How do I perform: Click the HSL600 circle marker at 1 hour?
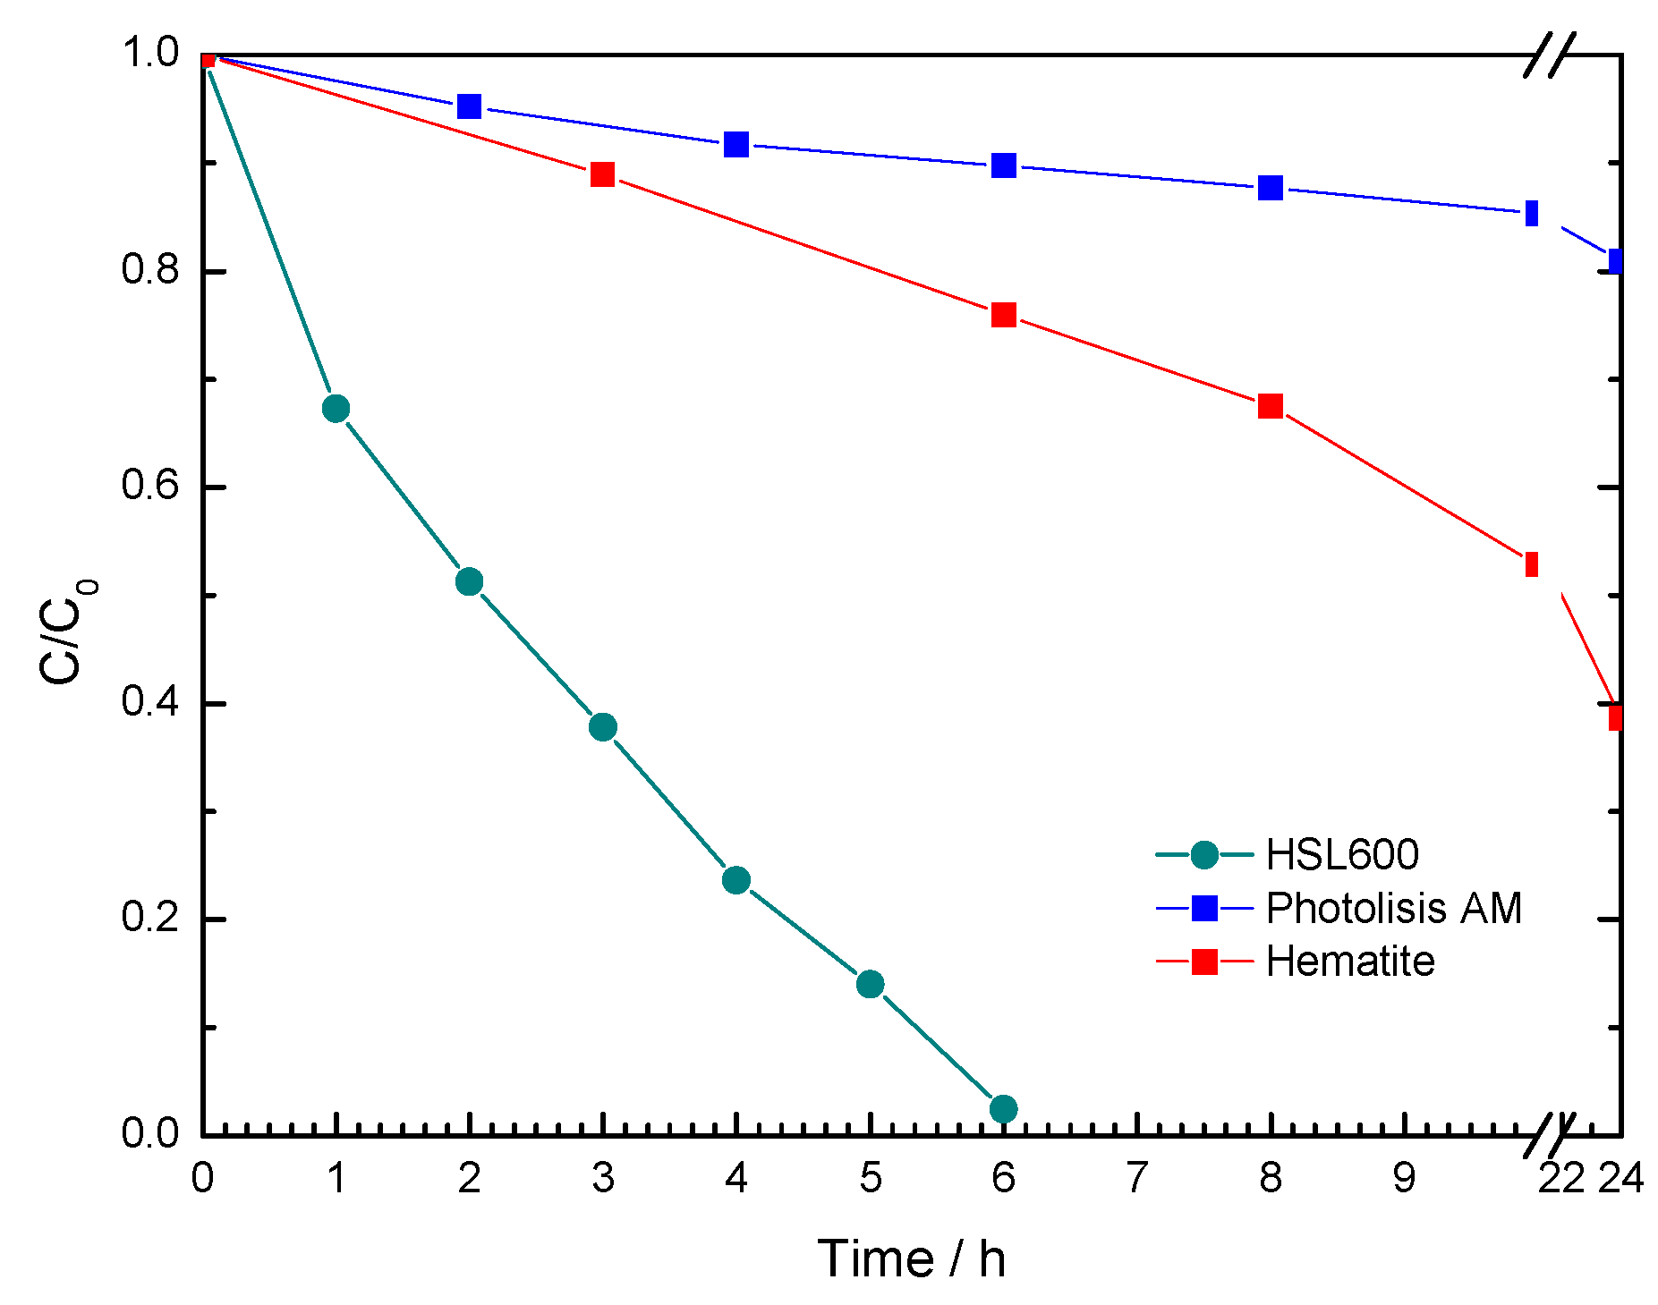[x=336, y=409]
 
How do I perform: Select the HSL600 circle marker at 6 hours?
[x=1004, y=1109]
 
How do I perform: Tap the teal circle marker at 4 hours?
[x=736, y=880]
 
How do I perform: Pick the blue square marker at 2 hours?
[x=469, y=106]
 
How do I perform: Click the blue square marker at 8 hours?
[x=1271, y=188]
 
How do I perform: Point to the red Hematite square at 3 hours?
[x=603, y=174]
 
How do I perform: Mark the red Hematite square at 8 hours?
[x=1271, y=406]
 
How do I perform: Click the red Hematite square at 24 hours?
[x=1615, y=717]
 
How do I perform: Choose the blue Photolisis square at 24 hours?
[x=1615, y=261]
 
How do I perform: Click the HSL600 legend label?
[x=1342, y=855]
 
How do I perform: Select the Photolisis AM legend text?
[x=1393, y=909]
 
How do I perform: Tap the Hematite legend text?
[x=1350, y=962]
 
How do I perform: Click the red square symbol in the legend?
[x=1205, y=962]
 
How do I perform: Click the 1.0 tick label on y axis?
[x=150, y=54]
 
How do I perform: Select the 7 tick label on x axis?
[x=1137, y=1179]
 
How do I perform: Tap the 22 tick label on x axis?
[x=1561, y=1179]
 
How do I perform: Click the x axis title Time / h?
[x=911, y=1259]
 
